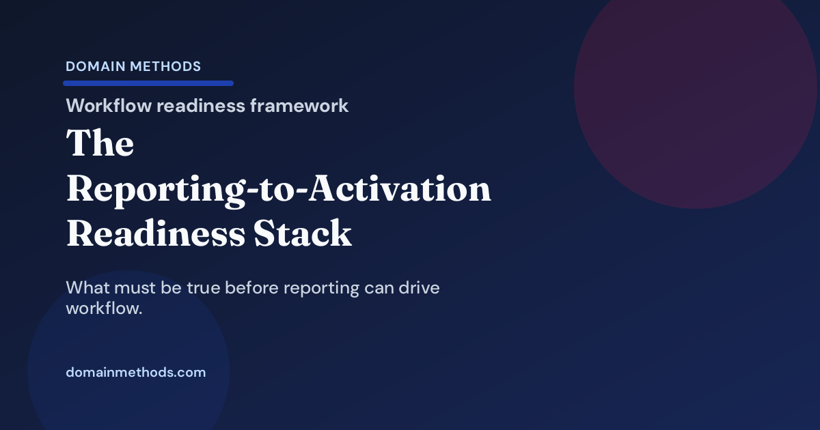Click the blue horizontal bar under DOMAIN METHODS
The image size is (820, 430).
[x=148, y=83]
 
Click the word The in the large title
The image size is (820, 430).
[x=100, y=144]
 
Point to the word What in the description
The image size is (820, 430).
[x=88, y=288]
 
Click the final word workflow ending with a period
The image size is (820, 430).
[x=104, y=309]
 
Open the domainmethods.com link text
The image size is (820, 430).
[x=135, y=373]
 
